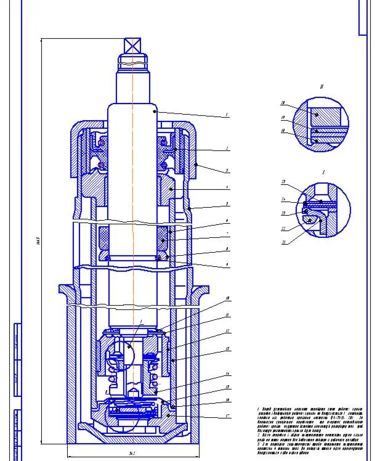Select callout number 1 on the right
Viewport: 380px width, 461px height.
point(227,115)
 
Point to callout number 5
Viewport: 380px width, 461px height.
point(227,204)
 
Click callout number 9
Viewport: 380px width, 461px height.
point(227,266)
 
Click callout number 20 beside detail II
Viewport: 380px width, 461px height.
point(283,103)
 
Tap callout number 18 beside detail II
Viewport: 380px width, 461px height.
point(283,131)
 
